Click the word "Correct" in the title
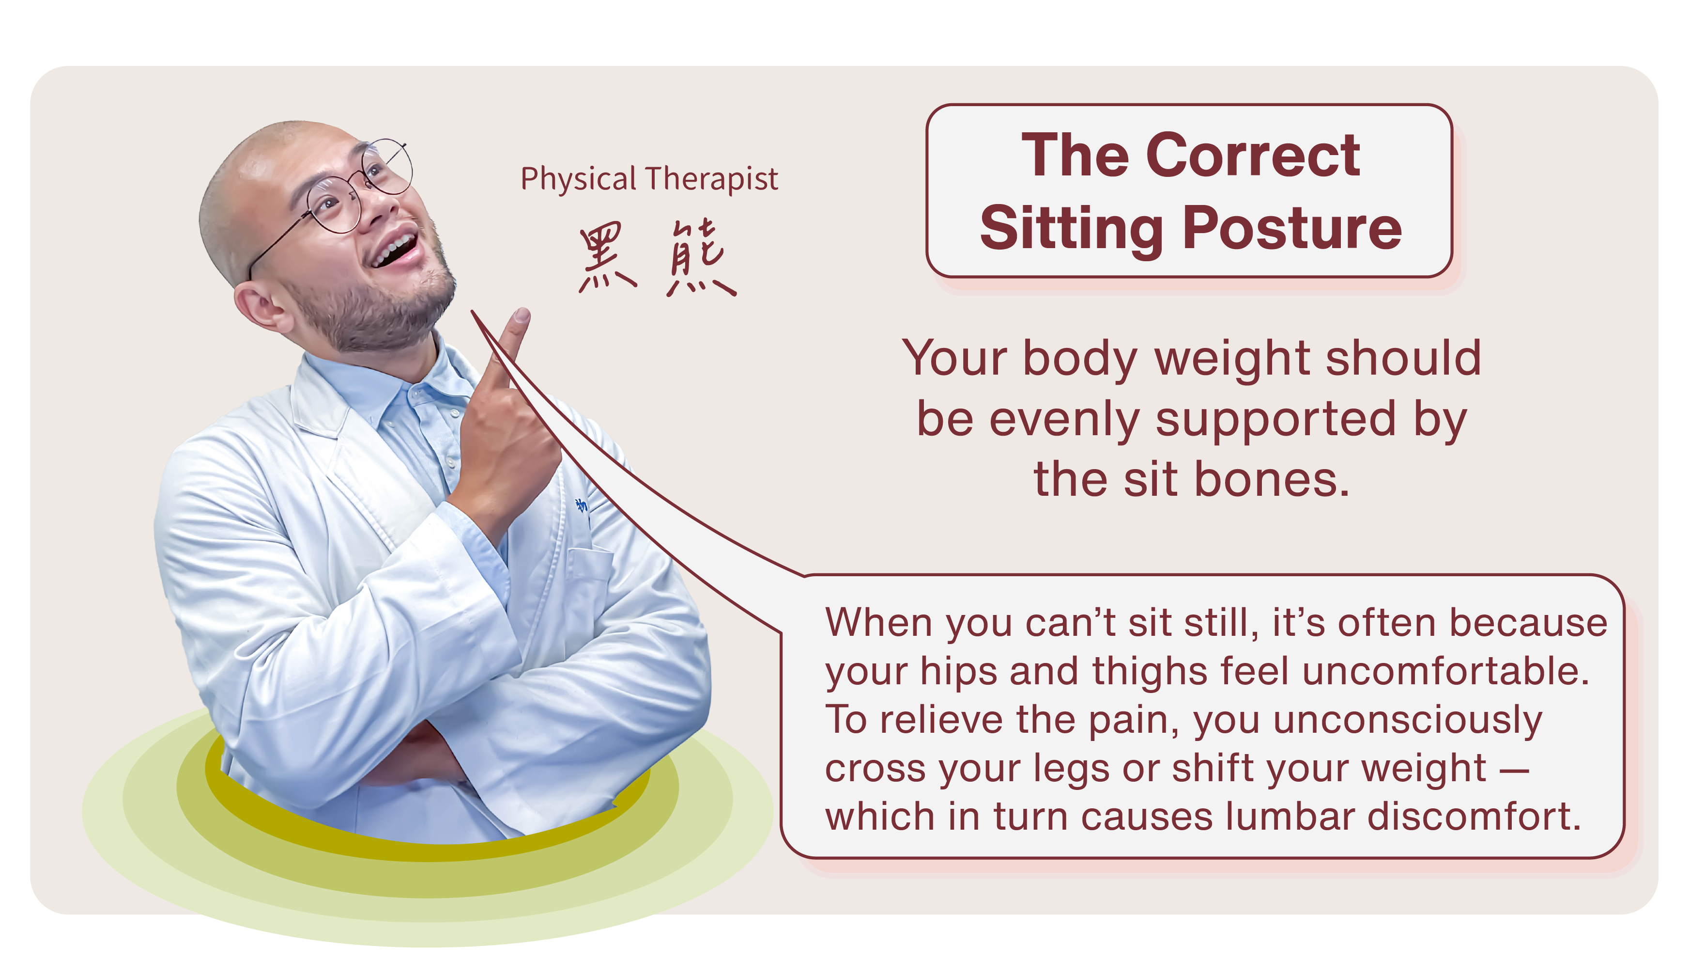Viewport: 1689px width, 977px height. (x=1253, y=155)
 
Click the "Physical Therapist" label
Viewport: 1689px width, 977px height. (x=649, y=179)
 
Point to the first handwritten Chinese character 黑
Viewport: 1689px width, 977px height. (x=607, y=258)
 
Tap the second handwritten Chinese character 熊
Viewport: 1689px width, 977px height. (x=700, y=258)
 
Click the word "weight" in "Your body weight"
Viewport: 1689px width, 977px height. (x=1230, y=360)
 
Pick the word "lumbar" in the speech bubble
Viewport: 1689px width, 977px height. (x=1290, y=816)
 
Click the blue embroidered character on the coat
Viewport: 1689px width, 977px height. (x=581, y=505)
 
